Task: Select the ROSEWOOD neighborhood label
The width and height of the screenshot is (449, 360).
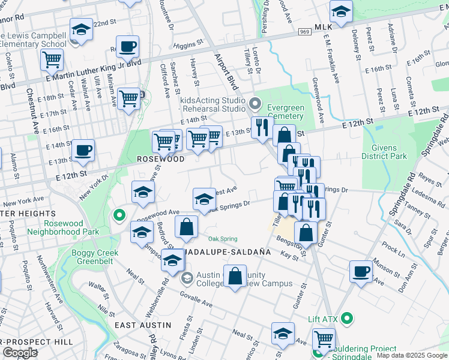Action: click(x=160, y=160)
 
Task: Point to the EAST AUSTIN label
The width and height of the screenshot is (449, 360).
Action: click(x=143, y=325)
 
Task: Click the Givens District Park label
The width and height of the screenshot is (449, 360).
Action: click(x=384, y=151)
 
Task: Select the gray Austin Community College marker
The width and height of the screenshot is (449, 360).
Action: click(x=187, y=278)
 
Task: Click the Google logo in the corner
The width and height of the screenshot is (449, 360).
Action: click(x=20, y=352)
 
